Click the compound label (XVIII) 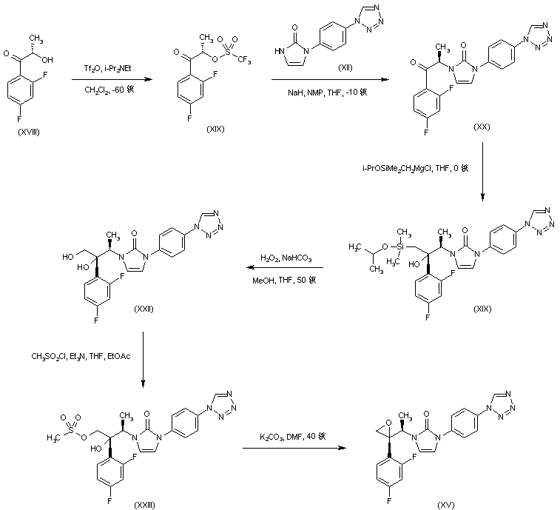[28, 130]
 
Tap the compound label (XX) [483, 127]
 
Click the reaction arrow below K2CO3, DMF [294, 447]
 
